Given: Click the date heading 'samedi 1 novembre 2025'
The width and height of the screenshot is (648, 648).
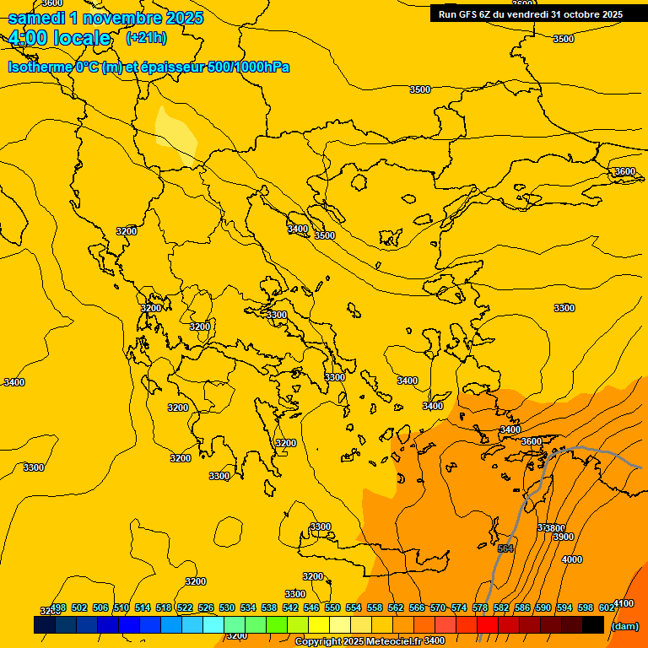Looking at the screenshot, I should coord(105,18).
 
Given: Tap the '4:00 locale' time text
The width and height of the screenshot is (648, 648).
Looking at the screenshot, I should coord(59,38).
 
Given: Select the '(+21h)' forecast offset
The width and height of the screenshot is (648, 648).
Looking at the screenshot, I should coord(146,38).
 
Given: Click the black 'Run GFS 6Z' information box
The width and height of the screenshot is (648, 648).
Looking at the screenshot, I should coord(531,13).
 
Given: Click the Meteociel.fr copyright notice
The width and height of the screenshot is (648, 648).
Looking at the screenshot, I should coord(358,641).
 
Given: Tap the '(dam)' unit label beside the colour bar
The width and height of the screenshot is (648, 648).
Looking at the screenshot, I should coord(624,625).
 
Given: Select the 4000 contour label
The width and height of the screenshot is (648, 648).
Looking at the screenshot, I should coord(571,559).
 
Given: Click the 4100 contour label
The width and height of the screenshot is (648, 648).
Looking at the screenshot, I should coord(623,603).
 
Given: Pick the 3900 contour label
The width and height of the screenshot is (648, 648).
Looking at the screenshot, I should coord(563,537).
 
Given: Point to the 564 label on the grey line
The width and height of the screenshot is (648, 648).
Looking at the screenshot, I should coord(505,549).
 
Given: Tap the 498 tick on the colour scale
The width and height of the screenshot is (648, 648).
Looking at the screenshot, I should coord(58,607).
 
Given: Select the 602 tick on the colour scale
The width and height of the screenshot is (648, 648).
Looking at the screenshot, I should coord(607,607).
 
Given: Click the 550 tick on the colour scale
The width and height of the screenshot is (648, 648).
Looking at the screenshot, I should coord(332,607).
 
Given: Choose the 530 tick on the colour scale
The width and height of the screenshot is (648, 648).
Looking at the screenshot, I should coord(227,607).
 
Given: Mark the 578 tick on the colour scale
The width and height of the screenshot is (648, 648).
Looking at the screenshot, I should coord(480,607).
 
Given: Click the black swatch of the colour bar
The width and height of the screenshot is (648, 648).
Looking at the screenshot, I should coord(593,624).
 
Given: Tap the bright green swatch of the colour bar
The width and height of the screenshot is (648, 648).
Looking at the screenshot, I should coord(277,624).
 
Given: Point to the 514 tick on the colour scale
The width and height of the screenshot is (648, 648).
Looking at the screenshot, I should coord(143,607).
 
